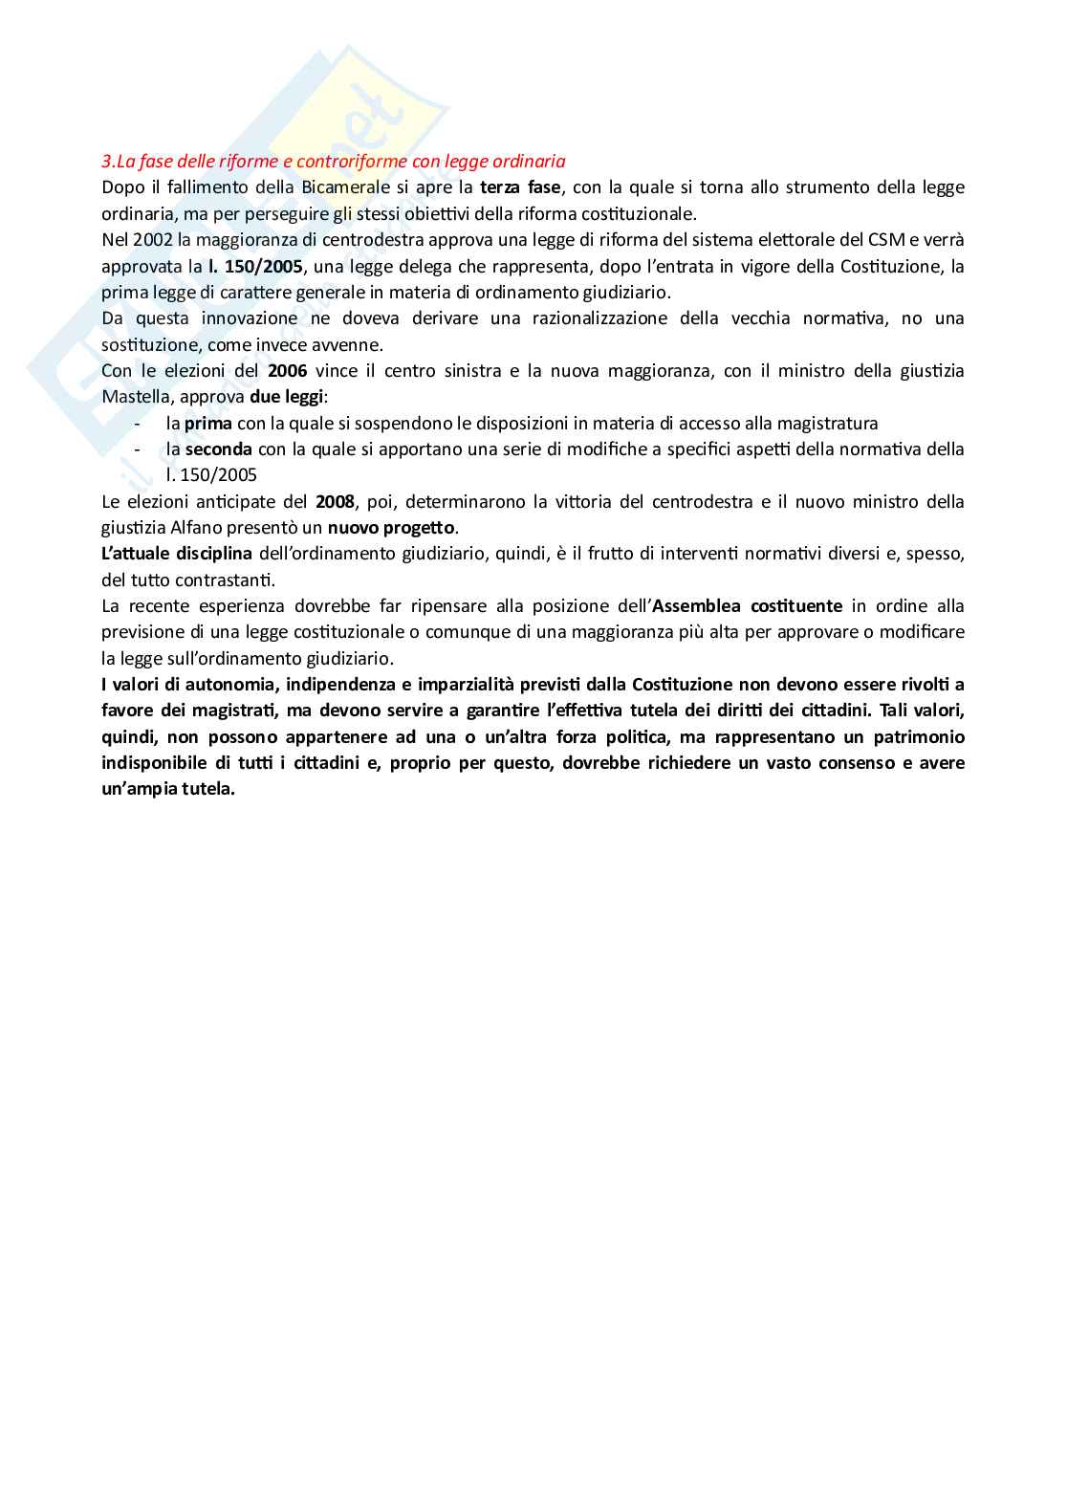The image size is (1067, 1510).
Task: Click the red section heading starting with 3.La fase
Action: (334, 162)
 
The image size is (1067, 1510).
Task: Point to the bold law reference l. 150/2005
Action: (255, 266)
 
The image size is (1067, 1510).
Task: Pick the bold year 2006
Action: (288, 370)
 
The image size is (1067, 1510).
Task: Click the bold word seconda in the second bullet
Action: (219, 449)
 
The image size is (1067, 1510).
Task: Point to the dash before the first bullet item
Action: (139, 423)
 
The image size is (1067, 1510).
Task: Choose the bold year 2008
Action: (335, 501)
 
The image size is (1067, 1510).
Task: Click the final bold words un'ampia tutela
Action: (168, 789)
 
